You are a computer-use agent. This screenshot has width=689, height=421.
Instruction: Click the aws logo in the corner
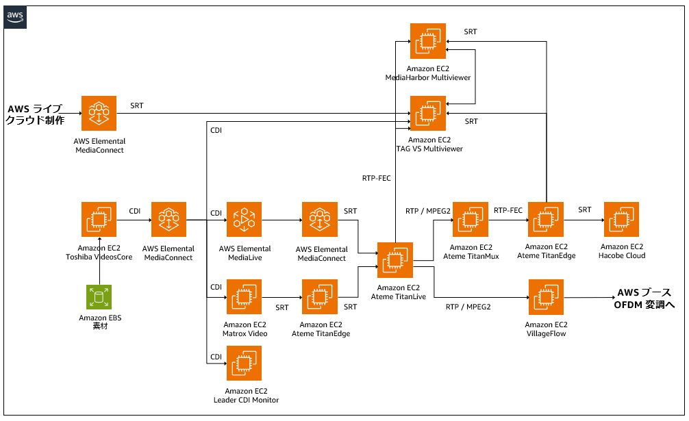[15, 18]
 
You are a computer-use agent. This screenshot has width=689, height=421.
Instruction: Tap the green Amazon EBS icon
[99, 297]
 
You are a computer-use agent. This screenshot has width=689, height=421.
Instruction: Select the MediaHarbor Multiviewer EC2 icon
[427, 41]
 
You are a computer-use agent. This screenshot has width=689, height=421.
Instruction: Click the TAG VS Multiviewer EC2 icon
[427, 113]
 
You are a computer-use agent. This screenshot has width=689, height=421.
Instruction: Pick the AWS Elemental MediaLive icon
[244, 220]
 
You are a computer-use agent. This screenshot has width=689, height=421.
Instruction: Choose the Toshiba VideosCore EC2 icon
[99, 220]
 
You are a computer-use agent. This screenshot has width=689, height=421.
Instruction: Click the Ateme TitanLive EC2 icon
[395, 260]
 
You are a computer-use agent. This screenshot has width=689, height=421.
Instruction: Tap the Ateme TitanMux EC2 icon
[470, 220]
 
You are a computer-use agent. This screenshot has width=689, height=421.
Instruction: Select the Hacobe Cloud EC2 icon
[621, 220]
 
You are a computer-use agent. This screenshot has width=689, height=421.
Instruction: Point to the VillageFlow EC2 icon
[546, 297]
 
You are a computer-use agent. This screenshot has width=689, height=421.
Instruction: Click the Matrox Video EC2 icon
[244, 297]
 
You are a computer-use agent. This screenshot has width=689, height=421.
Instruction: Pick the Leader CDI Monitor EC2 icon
[244, 363]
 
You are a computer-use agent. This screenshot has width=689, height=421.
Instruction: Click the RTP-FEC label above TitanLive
[376, 178]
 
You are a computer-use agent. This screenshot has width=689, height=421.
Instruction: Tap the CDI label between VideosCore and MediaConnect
[134, 211]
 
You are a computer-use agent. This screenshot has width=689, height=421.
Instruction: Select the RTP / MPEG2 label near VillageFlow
[468, 307]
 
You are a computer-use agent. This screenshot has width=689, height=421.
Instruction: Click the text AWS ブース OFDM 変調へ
[644, 298]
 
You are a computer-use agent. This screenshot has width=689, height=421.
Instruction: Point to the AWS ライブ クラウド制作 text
[35, 114]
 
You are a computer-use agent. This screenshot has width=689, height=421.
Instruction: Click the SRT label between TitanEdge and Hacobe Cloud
[584, 210]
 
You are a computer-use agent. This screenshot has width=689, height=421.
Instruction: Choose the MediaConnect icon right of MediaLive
[319, 220]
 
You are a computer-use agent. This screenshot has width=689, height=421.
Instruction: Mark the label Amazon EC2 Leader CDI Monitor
[246, 396]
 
